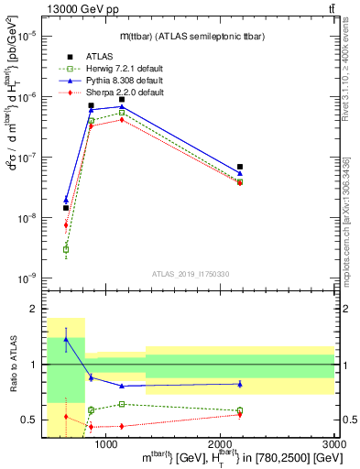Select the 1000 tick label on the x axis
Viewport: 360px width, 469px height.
click(106, 444)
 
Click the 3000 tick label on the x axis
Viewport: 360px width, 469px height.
click(334, 444)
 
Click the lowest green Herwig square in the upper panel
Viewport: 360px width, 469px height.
click(66, 249)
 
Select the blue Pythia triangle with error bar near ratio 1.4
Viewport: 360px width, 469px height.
click(66, 340)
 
